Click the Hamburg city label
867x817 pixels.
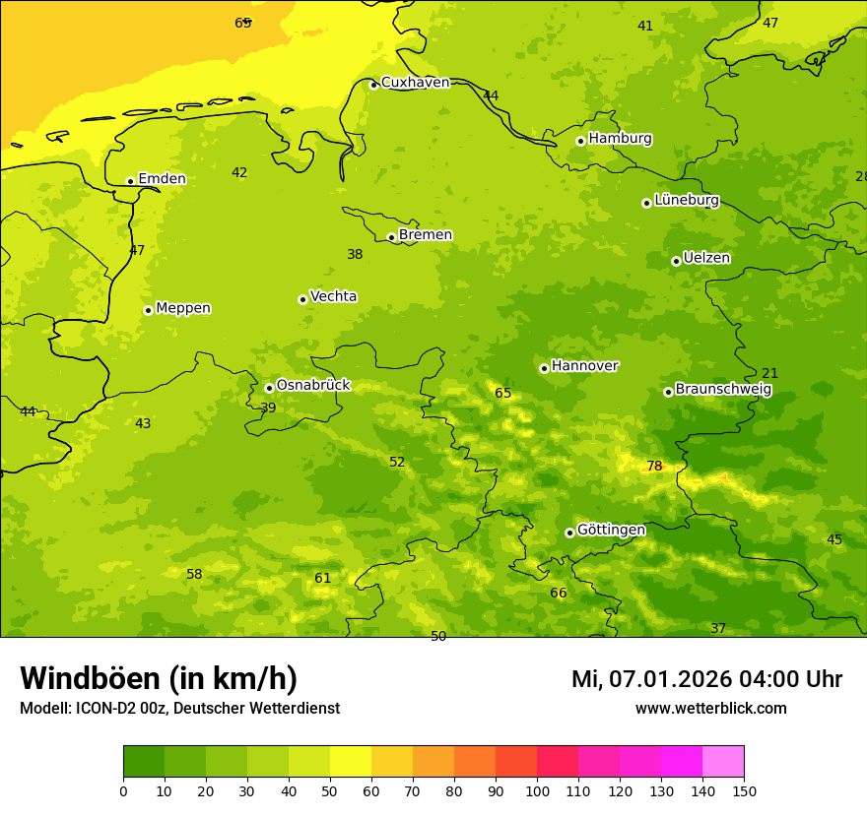(620, 139)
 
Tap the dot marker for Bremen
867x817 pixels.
(391, 237)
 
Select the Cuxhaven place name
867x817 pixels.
(415, 83)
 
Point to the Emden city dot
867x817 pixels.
(130, 181)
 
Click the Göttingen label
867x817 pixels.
(611, 530)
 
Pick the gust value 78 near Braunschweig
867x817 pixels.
(654, 466)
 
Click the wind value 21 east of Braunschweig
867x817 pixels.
(769, 373)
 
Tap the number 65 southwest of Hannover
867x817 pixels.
(502, 393)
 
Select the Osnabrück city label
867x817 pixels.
(312, 385)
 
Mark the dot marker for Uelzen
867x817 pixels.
(676, 261)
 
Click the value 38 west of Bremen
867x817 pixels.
(355, 254)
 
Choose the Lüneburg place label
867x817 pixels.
(686, 200)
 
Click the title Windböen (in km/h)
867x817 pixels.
(159, 678)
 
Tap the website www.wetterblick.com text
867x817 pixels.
(710, 708)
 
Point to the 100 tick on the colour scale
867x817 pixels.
(537, 790)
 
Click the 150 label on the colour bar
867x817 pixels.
(744, 790)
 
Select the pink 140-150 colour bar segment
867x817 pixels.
(723, 762)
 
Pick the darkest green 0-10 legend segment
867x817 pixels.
(144, 762)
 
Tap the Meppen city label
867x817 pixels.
(182, 308)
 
